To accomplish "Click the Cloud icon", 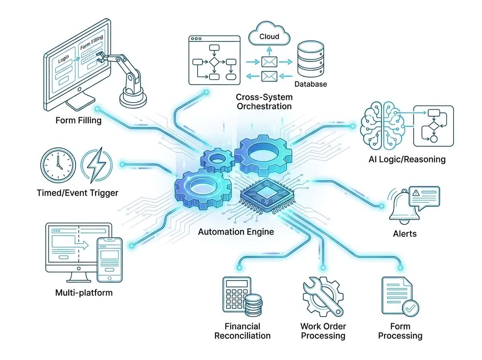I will click(269, 36).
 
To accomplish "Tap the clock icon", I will click(58, 165).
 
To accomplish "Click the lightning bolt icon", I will click(97, 165).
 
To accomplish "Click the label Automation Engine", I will click(236, 232).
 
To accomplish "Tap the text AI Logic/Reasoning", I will click(407, 159).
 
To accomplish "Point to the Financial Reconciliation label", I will click(242, 331).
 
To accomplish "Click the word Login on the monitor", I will click(63, 59).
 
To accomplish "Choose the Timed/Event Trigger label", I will click(78, 193).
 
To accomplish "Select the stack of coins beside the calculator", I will click(253, 305).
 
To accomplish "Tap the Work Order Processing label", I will click(323, 331).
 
